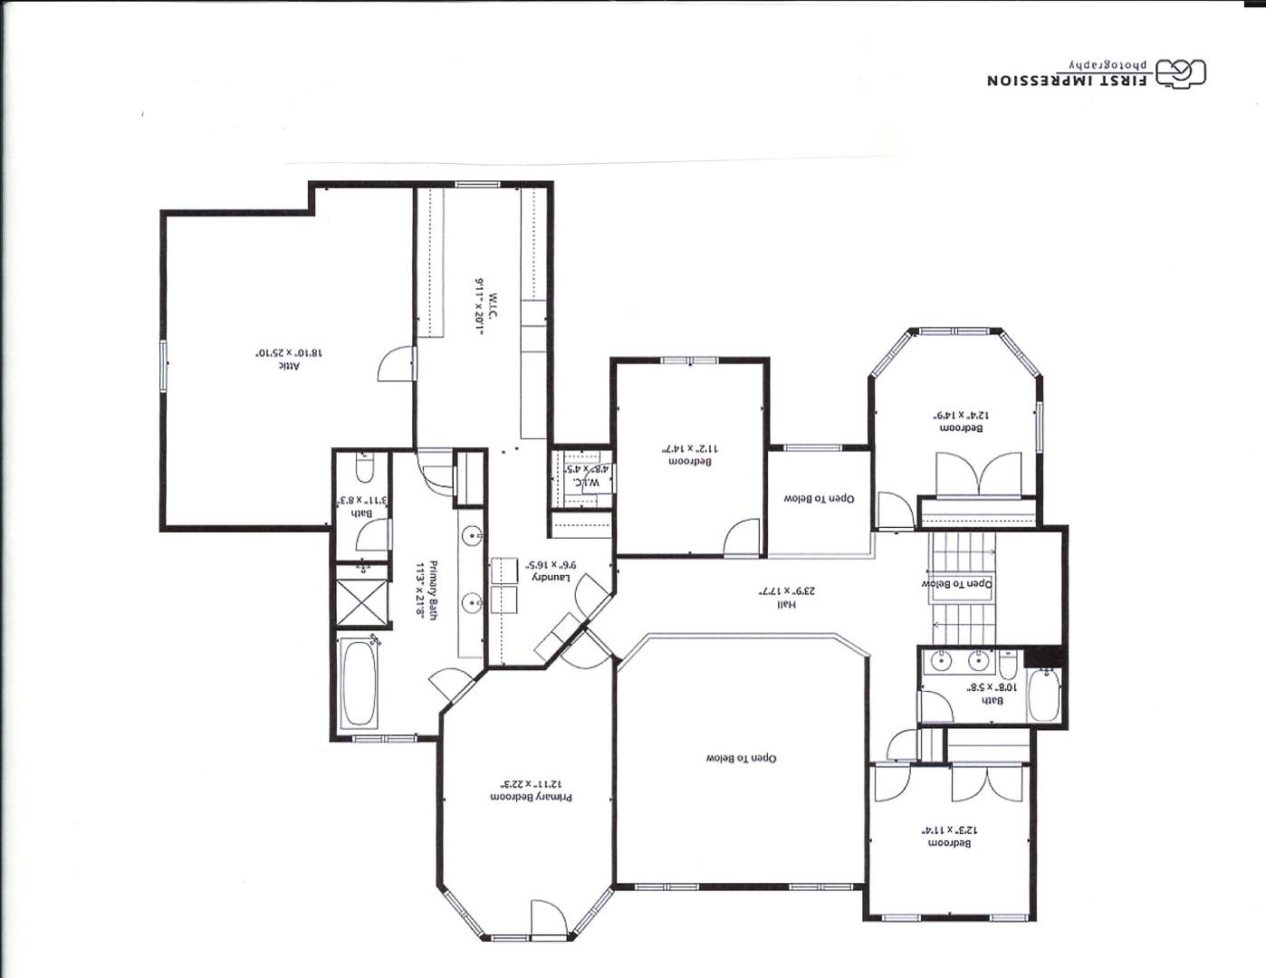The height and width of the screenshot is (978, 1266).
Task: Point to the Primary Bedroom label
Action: [531, 798]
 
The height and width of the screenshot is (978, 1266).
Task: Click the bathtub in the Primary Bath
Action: [360, 683]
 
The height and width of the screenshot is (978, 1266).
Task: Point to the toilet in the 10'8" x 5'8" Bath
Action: [1007, 666]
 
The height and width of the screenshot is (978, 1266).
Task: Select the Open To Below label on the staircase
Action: [957, 584]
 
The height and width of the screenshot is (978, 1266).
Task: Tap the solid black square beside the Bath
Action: [1044, 657]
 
